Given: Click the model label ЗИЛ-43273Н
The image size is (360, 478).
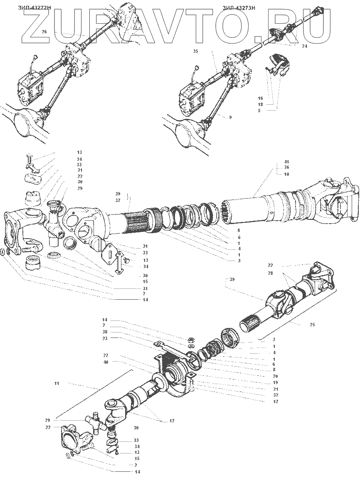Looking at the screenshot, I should click(x=238, y=7).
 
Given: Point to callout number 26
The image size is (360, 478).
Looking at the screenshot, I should click(x=44, y=32).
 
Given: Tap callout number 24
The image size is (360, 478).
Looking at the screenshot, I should click(x=305, y=47).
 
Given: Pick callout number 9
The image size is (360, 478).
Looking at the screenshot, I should click(x=229, y=118).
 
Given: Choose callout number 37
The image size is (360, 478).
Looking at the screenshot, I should click(x=118, y=201).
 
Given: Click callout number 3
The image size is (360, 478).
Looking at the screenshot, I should click(x=228, y=260).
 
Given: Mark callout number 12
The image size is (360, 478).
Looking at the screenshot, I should click(x=171, y=421).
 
